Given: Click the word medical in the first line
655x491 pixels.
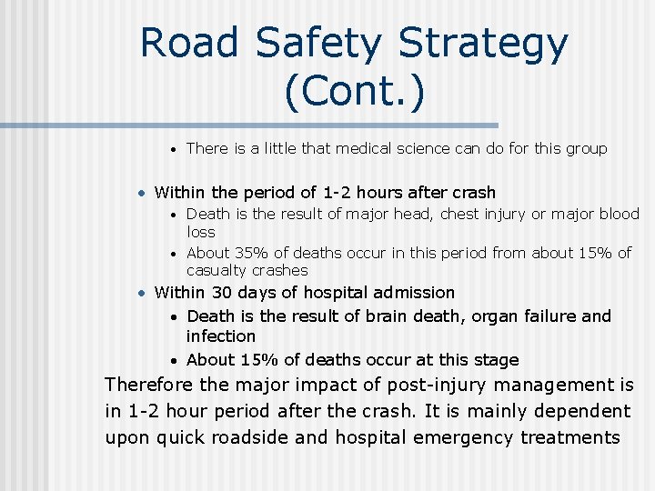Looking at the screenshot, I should [x=339, y=148].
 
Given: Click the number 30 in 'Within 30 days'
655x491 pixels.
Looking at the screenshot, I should [x=222, y=293].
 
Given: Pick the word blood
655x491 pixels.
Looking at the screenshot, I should [x=619, y=214].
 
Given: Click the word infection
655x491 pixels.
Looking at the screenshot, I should [x=221, y=336].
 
